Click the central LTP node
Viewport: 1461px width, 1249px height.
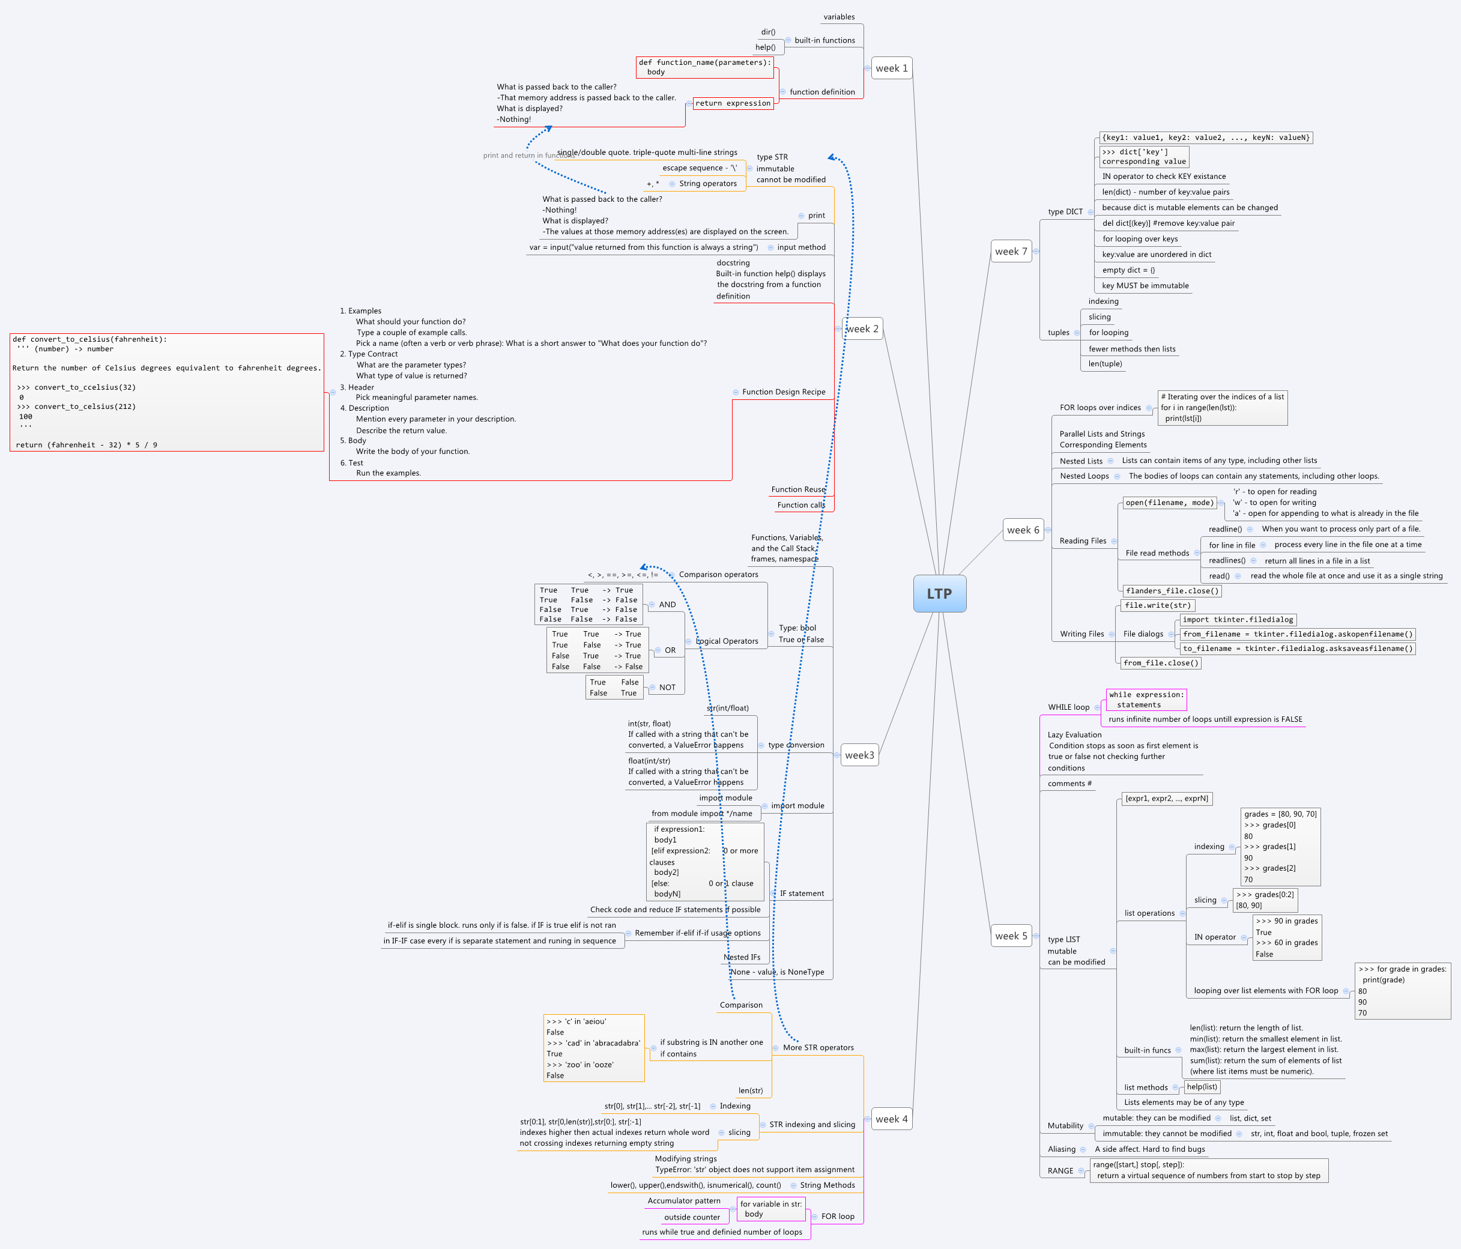[939, 593]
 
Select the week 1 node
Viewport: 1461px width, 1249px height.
[891, 68]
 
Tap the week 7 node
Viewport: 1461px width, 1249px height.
[1011, 252]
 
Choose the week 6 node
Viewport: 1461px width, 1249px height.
[1023, 530]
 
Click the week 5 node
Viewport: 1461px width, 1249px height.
[1011, 936]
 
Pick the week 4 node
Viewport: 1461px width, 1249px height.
[891, 1119]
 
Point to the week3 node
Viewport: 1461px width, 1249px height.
[859, 755]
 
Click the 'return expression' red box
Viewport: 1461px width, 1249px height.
[733, 104]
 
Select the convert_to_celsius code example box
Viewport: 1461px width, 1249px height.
[166, 392]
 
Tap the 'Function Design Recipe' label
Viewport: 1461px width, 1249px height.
[784, 392]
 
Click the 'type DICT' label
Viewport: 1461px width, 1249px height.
[1065, 211]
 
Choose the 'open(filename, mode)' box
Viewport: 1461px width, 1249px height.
[1169, 503]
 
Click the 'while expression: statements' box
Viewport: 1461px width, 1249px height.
[1146, 700]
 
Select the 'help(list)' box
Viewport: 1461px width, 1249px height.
[1202, 1087]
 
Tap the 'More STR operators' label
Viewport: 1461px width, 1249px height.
[818, 1047]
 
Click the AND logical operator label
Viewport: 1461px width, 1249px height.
[667, 605]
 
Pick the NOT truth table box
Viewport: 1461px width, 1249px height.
[614, 688]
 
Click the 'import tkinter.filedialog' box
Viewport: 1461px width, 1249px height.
[1238, 620]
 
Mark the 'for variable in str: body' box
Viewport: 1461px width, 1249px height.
[770, 1209]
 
